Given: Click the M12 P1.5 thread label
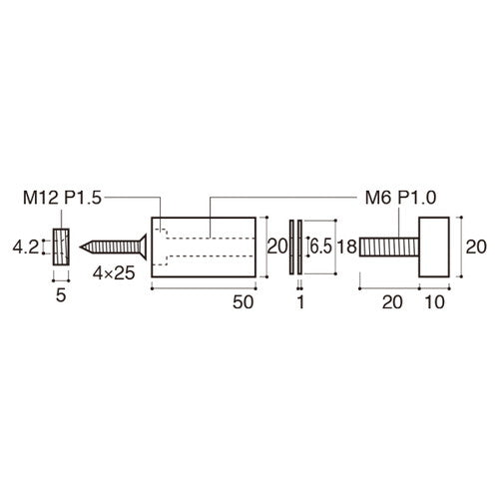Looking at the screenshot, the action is coord(62,199).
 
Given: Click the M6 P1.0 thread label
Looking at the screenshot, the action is coord(400,198).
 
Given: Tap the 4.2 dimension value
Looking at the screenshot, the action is coord(26,248).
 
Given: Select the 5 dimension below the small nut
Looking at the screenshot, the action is coord(61,295).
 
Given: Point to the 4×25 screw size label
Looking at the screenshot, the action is coord(114,273).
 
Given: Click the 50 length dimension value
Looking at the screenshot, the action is coord(244,302).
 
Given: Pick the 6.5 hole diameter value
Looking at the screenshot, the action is coord(321,247).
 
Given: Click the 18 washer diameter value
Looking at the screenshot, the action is coord(347,247).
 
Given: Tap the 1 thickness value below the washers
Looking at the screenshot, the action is coord(300,302).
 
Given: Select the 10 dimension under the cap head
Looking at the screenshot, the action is coord(435,302).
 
